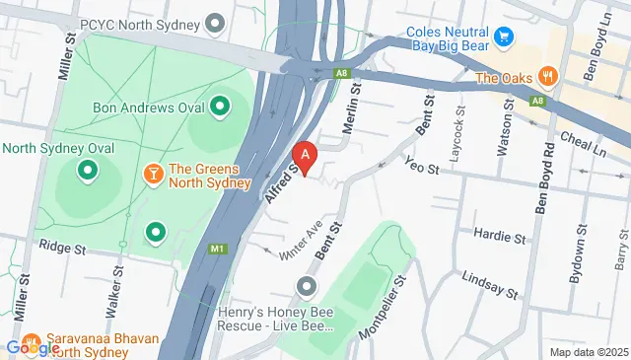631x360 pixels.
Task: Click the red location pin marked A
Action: pos(307,156)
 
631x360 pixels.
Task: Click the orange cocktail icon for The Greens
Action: pos(154,174)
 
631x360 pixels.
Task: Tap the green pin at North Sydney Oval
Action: pos(87,172)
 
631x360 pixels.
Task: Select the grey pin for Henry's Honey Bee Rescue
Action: pos(307,287)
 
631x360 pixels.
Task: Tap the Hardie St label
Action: pos(498,237)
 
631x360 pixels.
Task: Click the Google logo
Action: pos(33,346)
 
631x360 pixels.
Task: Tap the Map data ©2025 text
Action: pos(588,352)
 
